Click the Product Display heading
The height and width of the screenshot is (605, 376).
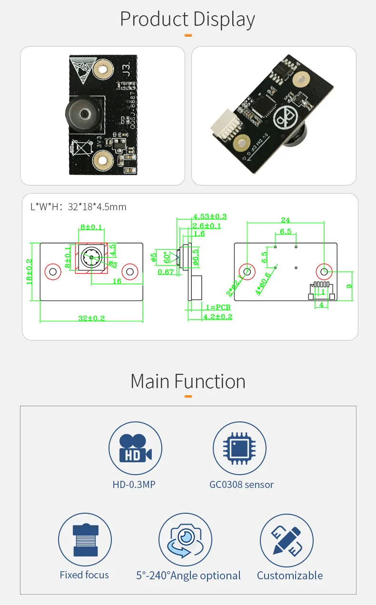tap(188, 20)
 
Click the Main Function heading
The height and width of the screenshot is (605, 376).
tap(188, 381)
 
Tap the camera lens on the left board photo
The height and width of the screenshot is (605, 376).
tap(83, 115)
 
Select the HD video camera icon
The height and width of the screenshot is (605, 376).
tap(135, 448)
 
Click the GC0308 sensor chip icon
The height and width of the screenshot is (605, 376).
tap(239, 448)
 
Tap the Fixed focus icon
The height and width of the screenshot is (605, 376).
tap(85, 540)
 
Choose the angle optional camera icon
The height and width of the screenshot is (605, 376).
tap(185, 540)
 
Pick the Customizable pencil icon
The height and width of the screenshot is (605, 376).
tap(287, 540)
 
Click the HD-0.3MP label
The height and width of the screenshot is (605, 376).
tap(134, 485)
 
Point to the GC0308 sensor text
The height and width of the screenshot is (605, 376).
tap(241, 485)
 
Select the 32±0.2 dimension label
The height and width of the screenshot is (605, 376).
tap(92, 318)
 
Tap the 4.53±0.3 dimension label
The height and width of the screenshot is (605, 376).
tap(209, 216)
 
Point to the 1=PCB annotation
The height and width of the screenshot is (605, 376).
tap(218, 307)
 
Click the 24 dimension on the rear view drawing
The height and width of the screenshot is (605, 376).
tap(285, 220)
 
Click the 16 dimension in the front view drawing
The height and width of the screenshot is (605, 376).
tap(117, 281)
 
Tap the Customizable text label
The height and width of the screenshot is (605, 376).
tap(289, 576)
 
